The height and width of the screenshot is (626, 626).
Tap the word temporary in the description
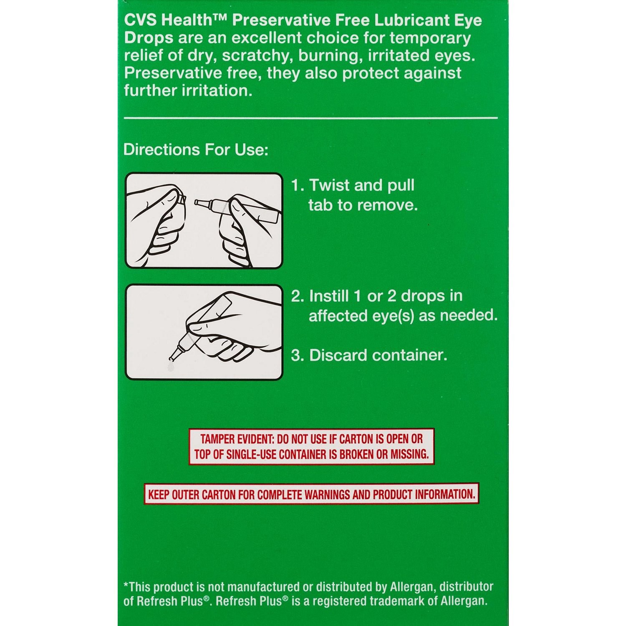coord(430,38)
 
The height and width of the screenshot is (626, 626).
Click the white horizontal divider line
coord(310,118)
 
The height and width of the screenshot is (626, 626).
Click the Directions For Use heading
coord(196,150)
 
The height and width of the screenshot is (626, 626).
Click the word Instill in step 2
coord(329,296)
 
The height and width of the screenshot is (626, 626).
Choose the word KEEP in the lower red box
coord(159,495)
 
